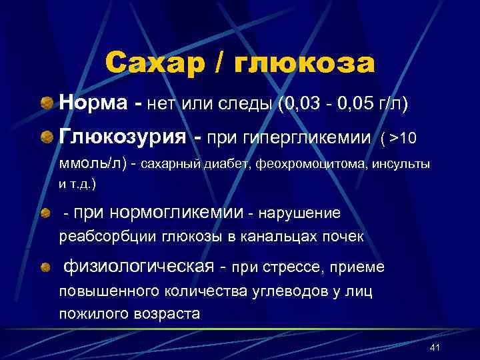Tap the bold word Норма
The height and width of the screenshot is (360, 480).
coord(94,103)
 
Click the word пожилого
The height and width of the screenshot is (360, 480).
coord(89,313)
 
